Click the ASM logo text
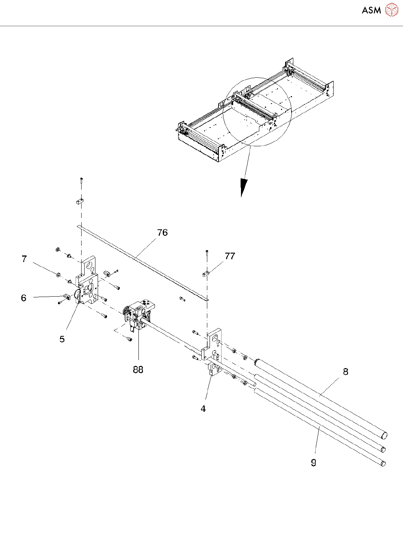pos(371,10)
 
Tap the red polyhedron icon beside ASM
pos(391,10)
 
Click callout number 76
pos(162,233)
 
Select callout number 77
pos(230,256)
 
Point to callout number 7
pos(24,259)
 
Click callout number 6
pos(24,298)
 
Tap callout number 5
pos(62,339)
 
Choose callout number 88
pos(138,370)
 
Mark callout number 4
pos(203,409)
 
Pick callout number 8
pos(345,372)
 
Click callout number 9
pos(314,463)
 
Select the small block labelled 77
pos(205,274)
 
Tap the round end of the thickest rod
pos(384,435)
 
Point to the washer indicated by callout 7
pos(58,275)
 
